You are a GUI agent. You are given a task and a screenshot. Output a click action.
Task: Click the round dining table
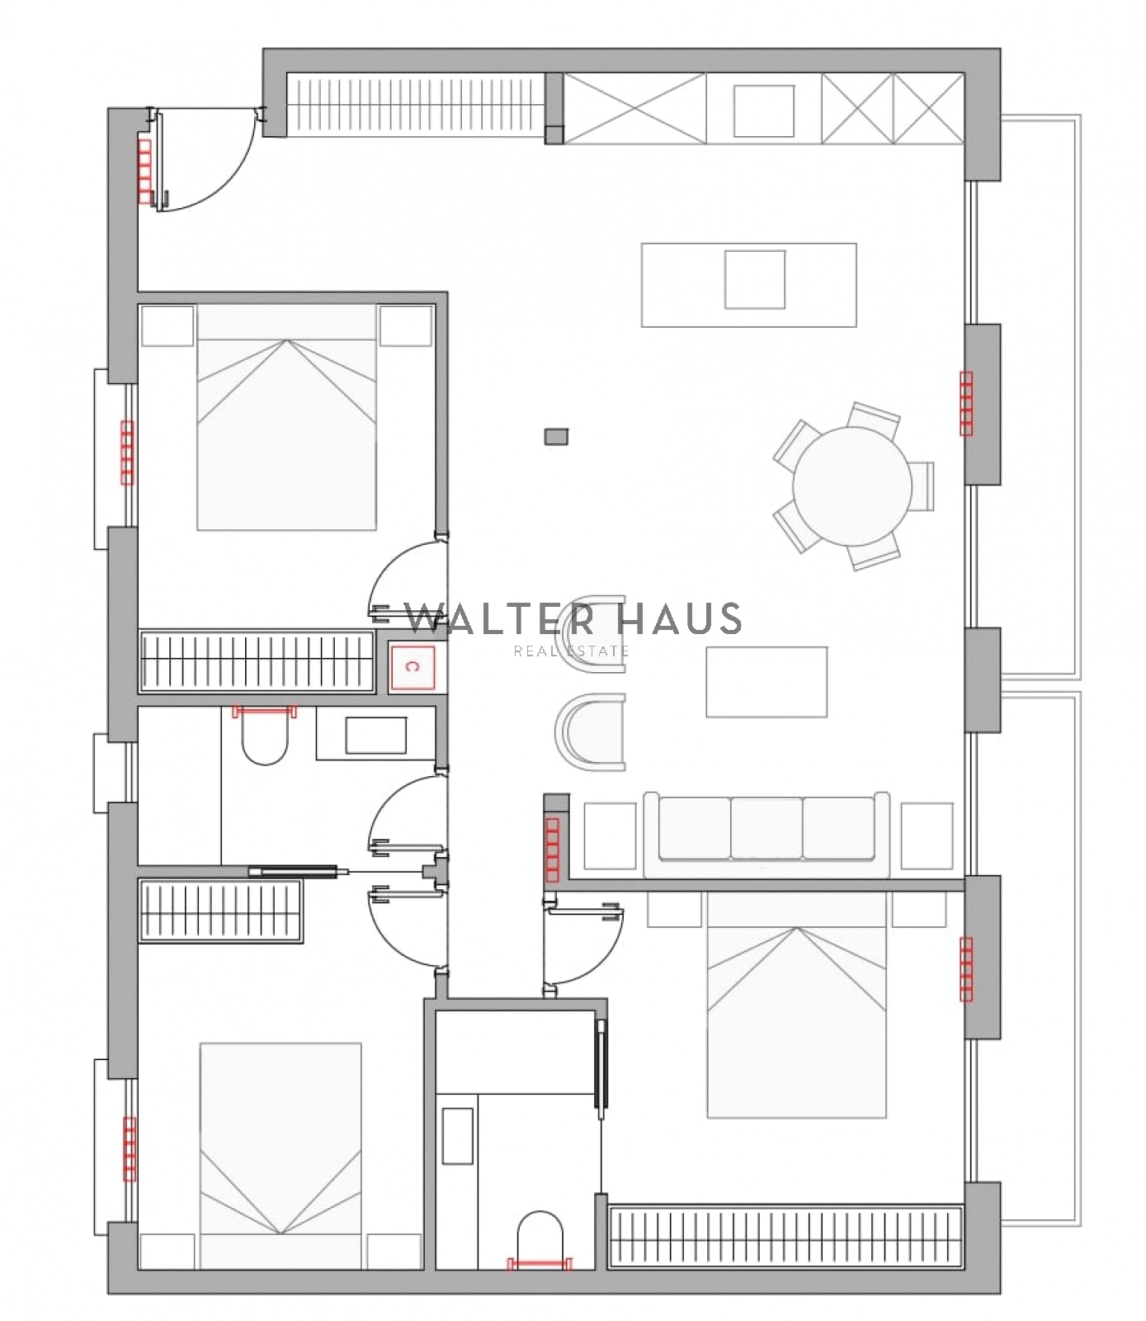[851, 485]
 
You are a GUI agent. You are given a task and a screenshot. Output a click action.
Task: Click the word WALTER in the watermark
[500, 619]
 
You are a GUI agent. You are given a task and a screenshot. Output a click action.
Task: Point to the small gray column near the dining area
[556, 436]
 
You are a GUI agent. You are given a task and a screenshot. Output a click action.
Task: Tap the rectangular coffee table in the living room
[766, 682]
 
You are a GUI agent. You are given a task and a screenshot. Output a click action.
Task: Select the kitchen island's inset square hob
[755, 279]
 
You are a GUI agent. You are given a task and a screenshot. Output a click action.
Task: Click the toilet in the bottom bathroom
[540, 1238]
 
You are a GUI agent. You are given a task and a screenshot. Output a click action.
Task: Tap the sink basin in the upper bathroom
[375, 735]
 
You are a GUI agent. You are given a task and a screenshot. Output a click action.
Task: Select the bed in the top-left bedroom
[287, 417]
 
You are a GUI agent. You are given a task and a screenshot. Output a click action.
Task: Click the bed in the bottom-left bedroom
[281, 1156]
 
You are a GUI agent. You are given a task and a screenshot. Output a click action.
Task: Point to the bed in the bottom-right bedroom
[797, 1004]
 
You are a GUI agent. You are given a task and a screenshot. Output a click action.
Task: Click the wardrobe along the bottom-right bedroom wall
[785, 1237]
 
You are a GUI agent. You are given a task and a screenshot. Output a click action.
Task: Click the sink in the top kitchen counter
[764, 111]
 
